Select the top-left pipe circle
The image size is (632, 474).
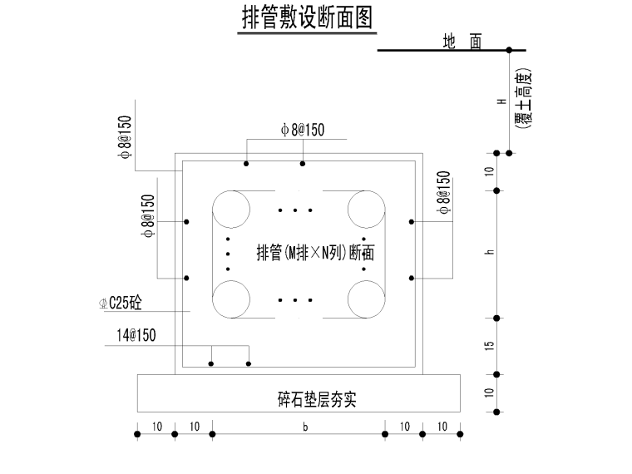(231, 209)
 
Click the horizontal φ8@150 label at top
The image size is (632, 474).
(303, 129)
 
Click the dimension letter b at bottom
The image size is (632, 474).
(306, 427)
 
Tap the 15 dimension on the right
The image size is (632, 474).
(491, 345)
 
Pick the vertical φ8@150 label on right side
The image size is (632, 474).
(444, 194)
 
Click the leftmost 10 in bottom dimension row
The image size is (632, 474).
(156, 427)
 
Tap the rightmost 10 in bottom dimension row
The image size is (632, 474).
(443, 427)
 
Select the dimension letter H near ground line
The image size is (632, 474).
(501, 101)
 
